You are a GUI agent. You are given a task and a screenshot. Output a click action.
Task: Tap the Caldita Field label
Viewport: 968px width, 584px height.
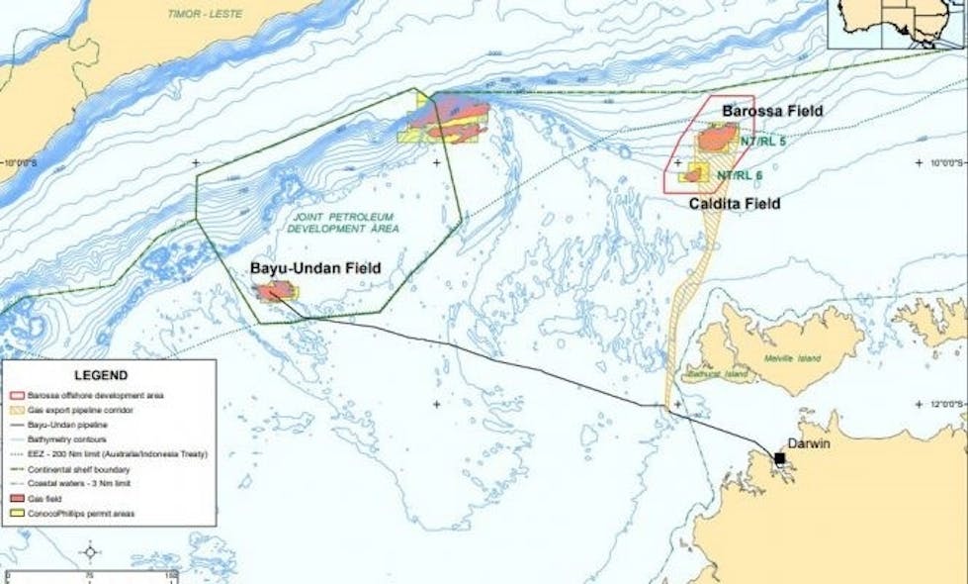pos(734,203)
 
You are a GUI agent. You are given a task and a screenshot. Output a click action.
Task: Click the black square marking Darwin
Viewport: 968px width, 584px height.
pos(780,459)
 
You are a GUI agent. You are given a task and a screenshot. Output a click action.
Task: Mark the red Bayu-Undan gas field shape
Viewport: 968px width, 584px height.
pos(274,291)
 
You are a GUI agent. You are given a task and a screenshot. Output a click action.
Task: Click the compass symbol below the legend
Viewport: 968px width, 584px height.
pos(90,551)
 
